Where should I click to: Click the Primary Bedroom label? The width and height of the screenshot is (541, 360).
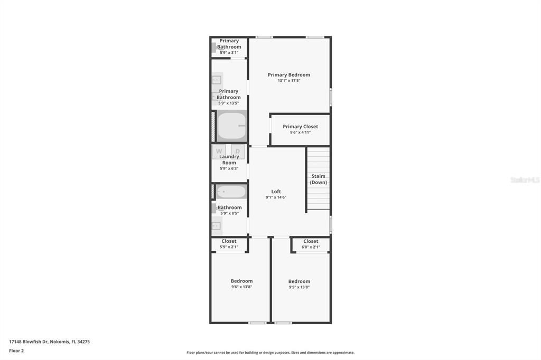(288, 75)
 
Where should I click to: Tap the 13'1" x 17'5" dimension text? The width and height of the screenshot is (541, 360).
(288, 81)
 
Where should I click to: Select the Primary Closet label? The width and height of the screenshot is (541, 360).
(300, 127)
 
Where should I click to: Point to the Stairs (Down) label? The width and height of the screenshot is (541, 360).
(318, 179)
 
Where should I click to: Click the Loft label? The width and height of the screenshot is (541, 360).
(276, 192)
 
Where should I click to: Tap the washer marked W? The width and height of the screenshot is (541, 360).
(219, 151)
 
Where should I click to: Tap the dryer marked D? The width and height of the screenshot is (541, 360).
(238, 151)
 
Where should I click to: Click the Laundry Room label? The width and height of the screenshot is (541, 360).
(229, 159)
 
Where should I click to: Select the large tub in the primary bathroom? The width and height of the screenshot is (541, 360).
(231, 126)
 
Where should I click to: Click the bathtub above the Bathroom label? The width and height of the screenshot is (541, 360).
(231, 192)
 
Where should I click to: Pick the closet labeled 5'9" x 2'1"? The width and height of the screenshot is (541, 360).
(229, 244)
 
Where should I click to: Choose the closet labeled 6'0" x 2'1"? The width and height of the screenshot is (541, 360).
(311, 244)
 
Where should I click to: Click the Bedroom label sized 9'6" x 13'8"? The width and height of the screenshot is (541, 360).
(241, 281)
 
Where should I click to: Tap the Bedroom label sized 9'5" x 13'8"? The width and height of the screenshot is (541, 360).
(299, 281)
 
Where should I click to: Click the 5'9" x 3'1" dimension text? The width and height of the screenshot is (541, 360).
(229, 52)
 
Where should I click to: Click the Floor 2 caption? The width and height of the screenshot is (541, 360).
(16, 350)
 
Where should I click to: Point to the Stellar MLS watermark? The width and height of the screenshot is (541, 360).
(525, 180)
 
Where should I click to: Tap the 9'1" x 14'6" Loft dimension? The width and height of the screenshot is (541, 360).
(276, 197)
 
